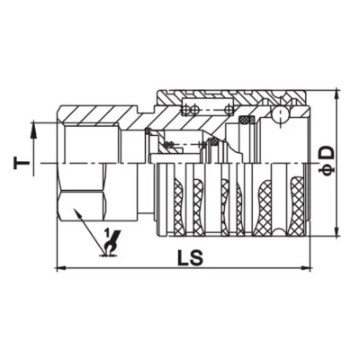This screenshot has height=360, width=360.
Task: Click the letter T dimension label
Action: point(18,163)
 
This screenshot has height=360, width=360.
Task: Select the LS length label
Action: point(189,256)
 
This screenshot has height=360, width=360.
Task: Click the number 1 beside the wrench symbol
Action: point(108,236)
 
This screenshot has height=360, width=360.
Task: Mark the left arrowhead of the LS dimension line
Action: point(60,267)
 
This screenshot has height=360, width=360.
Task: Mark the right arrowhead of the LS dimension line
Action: point(310,267)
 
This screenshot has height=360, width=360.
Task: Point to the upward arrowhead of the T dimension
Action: point(35,128)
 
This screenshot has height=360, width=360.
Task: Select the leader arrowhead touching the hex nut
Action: point(78,212)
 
